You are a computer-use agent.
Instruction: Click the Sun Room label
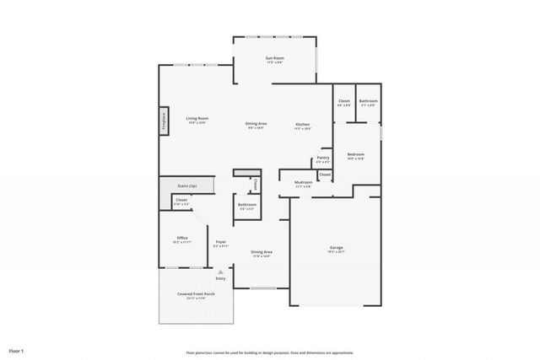pyautogui.click(x=274, y=58)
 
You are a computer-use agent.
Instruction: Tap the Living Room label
pyautogui.click(x=197, y=119)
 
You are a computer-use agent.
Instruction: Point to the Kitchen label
pyautogui.click(x=303, y=125)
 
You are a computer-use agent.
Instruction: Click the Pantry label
pyautogui.click(x=322, y=159)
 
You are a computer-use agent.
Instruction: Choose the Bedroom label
pyautogui.click(x=356, y=154)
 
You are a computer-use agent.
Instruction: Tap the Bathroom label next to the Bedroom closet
pyautogui.click(x=369, y=101)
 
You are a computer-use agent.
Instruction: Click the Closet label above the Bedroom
pyautogui.click(x=344, y=101)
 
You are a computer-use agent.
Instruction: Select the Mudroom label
pyautogui.click(x=304, y=183)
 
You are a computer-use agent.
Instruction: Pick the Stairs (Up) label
pyautogui.click(x=186, y=185)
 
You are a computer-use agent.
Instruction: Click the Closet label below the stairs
pyautogui.click(x=181, y=201)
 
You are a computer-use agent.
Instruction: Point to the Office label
pyautogui.click(x=181, y=239)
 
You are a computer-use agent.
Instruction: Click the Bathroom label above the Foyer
pyautogui.click(x=247, y=205)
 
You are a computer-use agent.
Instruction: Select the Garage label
pyautogui.click(x=336, y=248)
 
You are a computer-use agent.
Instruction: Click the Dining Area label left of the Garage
pyautogui.click(x=262, y=252)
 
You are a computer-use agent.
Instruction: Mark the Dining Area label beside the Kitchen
pyautogui.click(x=256, y=125)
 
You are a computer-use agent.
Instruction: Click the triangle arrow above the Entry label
pyautogui.click(x=220, y=272)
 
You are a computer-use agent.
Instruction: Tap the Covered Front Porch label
pyautogui.click(x=196, y=294)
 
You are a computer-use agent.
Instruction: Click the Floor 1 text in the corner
pyautogui.click(x=17, y=349)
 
